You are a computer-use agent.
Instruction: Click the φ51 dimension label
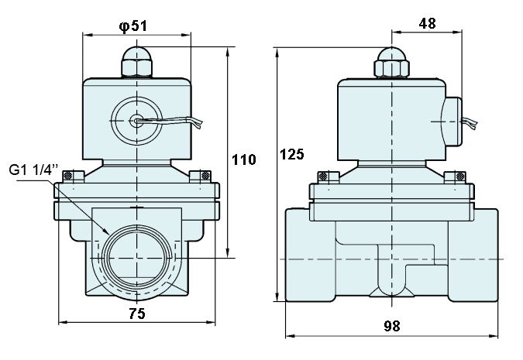click(132, 26)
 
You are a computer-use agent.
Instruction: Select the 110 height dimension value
click(244, 159)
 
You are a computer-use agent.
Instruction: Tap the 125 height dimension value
click(292, 154)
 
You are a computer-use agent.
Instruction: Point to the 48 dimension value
click(427, 23)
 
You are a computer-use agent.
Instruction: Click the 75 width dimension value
click(137, 314)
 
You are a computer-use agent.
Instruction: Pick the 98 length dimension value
click(391, 326)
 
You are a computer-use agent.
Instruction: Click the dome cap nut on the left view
click(136, 62)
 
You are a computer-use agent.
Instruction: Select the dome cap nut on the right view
click(391, 63)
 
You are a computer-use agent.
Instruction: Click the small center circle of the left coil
click(136, 121)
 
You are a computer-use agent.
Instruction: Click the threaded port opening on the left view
click(136, 258)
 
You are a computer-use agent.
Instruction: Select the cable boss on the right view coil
click(452, 122)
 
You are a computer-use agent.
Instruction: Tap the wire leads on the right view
click(470, 123)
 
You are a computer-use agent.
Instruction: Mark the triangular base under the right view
click(391, 292)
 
